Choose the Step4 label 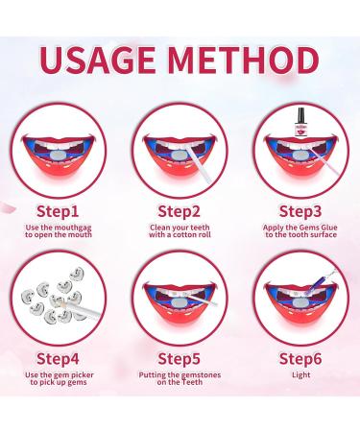coord(58,362)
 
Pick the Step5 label coord(180,362)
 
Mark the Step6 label coord(301,362)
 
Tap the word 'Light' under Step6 coord(301,380)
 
